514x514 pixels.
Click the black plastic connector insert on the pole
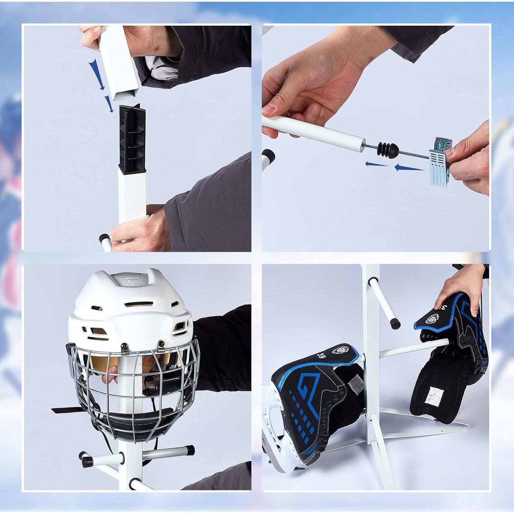coord(132,137)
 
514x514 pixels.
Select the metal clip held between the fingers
coord(439,161)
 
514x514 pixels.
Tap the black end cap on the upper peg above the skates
coord(395,322)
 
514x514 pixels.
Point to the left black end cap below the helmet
coord(83,456)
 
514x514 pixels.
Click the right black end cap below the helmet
coord(191,449)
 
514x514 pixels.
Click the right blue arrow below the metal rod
coord(409,168)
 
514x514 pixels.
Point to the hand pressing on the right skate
coord(459,291)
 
